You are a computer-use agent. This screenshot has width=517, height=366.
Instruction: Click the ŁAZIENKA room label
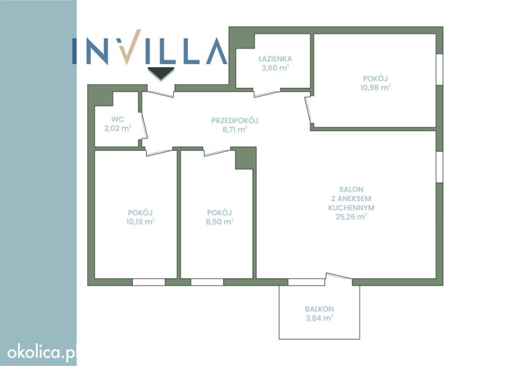(275, 59)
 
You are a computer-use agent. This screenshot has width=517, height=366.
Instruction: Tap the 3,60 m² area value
(275, 68)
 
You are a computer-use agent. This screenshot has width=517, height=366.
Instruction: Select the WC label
(118, 119)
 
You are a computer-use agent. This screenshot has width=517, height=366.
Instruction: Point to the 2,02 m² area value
(118, 128)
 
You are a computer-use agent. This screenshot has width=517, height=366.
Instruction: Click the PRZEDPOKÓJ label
(235, 120)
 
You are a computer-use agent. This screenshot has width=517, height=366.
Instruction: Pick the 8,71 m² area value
(235, 130)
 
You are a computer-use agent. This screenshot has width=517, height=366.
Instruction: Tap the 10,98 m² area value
(375, 87)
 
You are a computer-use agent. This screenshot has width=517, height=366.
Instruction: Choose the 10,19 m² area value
(140, 222)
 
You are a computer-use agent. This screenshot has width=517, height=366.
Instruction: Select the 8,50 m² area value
(220, 222)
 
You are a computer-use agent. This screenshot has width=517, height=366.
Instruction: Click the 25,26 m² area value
(351, 217)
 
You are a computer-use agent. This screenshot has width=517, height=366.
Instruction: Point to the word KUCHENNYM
(351, 207)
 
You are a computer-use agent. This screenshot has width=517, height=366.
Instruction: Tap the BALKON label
(319, 309)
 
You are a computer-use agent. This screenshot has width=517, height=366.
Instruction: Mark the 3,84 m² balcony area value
(319, 318)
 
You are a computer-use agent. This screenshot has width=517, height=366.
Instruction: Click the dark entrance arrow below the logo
(161, 73)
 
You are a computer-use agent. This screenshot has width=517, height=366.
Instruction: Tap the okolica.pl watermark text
(42, 353)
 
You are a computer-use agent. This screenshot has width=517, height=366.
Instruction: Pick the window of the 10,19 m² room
(149, 282)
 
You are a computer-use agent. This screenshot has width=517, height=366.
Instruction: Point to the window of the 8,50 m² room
(207, 282)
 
